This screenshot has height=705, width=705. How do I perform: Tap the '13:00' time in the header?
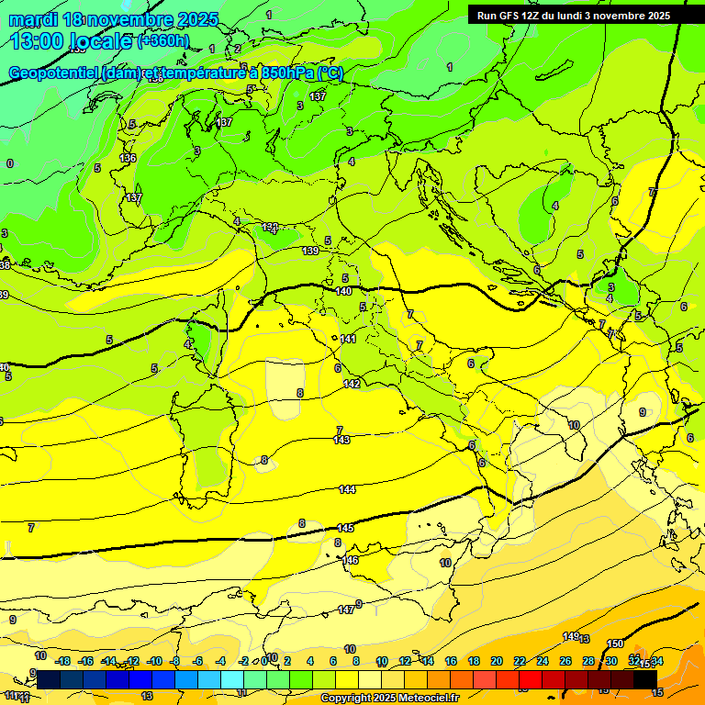pyautogui.click(x=38, y=41)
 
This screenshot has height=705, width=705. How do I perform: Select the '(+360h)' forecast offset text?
pyautogui.click(x=163, y=41)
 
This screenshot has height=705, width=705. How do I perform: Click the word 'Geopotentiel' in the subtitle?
pyautogui.click(x=53, y=73)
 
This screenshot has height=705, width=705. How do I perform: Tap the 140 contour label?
pyautogui.click(x=343, y=291)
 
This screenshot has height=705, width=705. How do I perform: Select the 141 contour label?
pyautogui.click(x=348, y=339)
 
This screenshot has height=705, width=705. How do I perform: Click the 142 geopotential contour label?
pyautogui.click(x=352, y=384)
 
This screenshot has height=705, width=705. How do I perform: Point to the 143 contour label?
pyautogui.click(x=341, y=440)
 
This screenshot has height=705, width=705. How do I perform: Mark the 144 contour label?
pyautogui.click(x=347, y=489)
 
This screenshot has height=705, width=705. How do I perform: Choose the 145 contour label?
pyautogui.click(x=345, y=528)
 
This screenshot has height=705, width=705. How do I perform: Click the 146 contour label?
pyautogui.click(x=350, y=559)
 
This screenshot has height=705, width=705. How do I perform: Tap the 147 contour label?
pyautogui.click(x=345, y=609)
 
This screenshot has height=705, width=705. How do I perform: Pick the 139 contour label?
pyautogui.click(x=310, y=251)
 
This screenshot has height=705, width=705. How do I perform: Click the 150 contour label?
pyautogui.click(x=615, y=643)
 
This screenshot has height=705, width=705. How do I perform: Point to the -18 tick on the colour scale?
pyautogui.click(x=62, y=661)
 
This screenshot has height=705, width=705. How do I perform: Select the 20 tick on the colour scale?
pyautogui.click(x=497, y=661)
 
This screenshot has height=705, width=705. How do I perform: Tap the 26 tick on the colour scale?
pyautogui.click(x=565, y=661)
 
